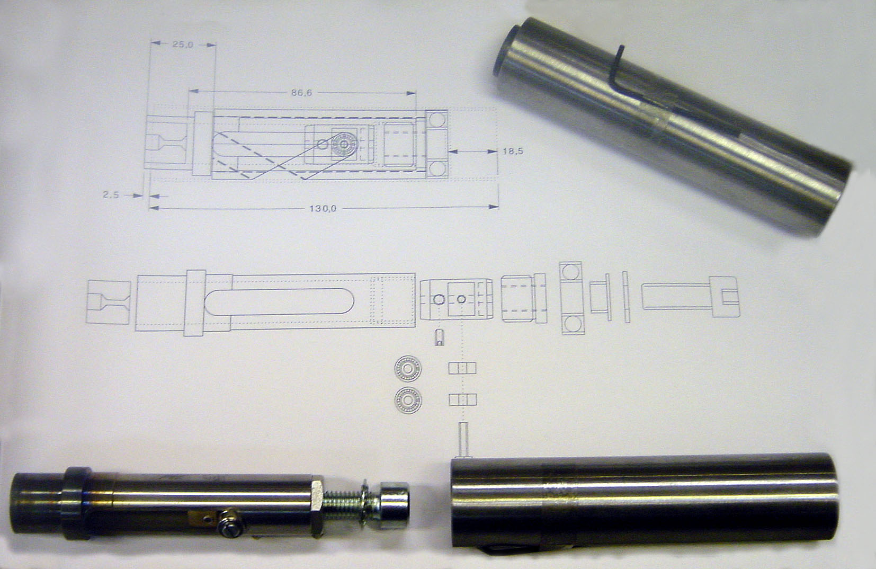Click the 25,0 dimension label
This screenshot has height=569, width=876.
[183, 44]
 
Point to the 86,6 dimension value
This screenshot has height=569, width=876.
[301, 93]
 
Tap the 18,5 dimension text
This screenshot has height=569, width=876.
[512, 152]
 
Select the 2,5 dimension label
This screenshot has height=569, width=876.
[111, 194]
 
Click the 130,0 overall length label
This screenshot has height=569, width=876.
[323, 208]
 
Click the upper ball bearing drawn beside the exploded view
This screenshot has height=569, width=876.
[408, 368]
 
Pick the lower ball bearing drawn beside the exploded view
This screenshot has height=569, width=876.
[408, 400]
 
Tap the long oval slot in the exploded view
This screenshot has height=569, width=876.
[279, 301]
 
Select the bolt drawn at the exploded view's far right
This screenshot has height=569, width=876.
[691, 296]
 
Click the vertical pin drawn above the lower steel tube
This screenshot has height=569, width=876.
[464, 439]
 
